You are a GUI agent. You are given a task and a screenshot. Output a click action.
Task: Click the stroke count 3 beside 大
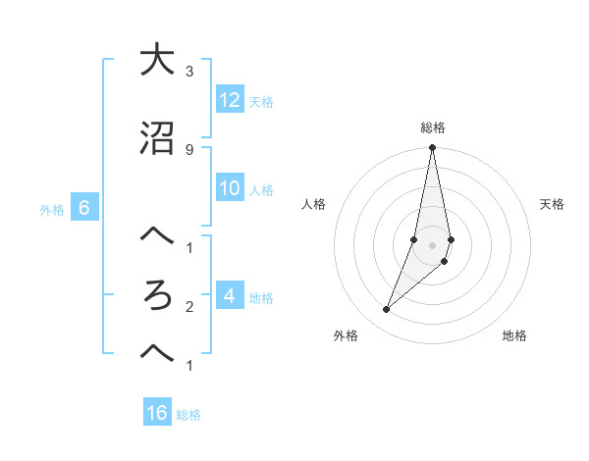pyautogui.click(x=188, y=72)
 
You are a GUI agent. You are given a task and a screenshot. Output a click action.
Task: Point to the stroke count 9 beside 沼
pyautogui.click(x=188, y=149)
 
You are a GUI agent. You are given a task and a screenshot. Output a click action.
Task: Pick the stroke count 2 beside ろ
pyautogui.click(x=188, y=307)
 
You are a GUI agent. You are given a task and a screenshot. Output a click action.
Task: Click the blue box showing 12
pyautogui.click(x=230, y=100)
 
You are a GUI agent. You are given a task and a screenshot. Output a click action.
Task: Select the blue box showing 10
pyautogui.click(x=230, y=189)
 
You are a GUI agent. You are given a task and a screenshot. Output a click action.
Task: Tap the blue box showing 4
pyautogui.click(x=230, y=296)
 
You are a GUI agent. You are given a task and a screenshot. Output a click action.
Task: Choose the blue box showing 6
pyautogui.click(x=83, y=208)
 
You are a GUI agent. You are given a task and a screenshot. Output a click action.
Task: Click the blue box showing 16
pyautogui.click(x=157, y=413)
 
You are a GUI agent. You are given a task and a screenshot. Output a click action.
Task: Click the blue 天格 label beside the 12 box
pyautogui.click(x=261, y=101)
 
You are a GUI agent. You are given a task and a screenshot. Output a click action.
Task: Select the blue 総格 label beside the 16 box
pyautogui.click(x=188, y=415)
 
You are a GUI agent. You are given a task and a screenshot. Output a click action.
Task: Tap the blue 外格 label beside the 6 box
pyautogui.click(x=52, y=209)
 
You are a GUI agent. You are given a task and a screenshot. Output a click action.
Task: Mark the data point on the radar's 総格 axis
pyautogui.click(x=432, y=148)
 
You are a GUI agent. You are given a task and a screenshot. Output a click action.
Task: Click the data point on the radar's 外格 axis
pyautogui.click(x=386, y=310)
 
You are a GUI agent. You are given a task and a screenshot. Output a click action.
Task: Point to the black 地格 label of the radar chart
pyautogui.click(x=514, y=335)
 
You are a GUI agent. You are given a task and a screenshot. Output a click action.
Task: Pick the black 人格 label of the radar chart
pyautogui.click(x=314, y=204)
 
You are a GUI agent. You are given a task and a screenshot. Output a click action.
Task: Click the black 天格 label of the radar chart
pyautogui.click(x=552, y=204)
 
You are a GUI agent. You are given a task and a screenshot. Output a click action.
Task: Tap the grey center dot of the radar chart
pyautogui.click(x=432, y=245)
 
